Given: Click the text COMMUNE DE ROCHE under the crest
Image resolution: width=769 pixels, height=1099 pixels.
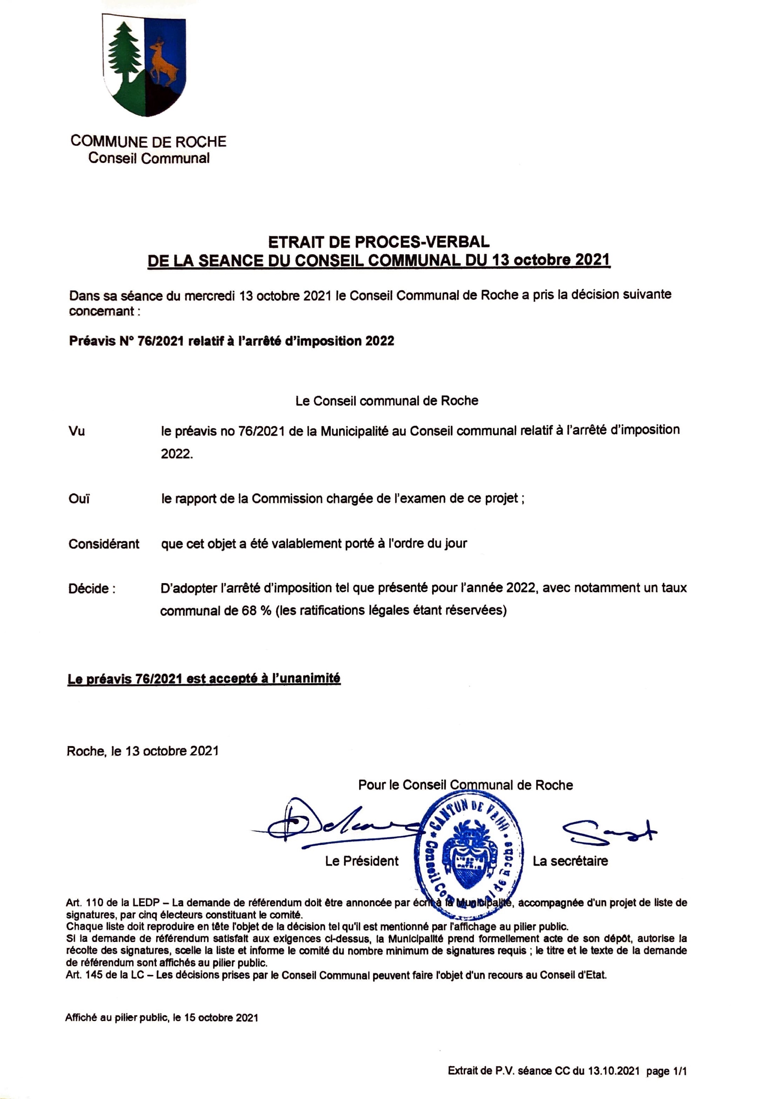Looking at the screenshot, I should tap(148, 141).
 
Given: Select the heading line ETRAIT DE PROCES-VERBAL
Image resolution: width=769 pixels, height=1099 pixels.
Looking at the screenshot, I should tap(378, 242).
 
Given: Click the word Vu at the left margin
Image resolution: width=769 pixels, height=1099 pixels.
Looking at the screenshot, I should tap(77, 431).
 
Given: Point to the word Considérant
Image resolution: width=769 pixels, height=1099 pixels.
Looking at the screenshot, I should tap(104, 544).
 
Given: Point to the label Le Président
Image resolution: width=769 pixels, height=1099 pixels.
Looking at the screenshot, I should tap(361, 861).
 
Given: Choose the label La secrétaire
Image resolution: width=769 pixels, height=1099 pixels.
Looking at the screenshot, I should tap(570, 861).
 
